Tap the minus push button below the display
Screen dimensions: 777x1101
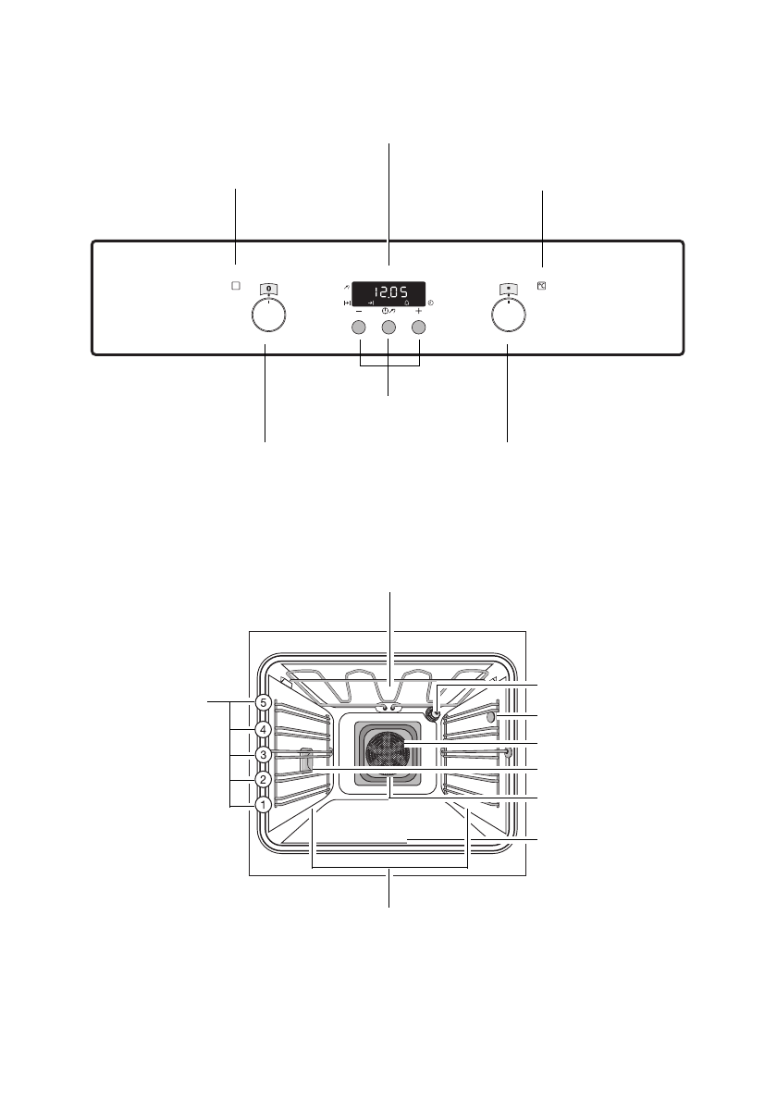(359, 328)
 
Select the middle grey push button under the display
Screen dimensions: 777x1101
(388, 328)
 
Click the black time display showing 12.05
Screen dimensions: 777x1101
(388, 293)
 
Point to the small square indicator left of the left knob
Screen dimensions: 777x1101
(236, 286)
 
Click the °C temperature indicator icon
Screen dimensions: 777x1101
(542, 286)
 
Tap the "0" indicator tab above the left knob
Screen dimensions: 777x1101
(268, 288)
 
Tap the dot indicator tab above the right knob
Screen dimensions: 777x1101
(509, 288)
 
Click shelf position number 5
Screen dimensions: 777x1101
(263, 702)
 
